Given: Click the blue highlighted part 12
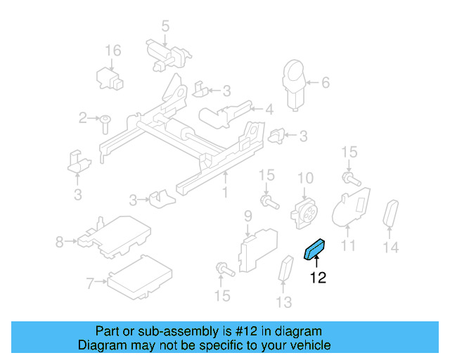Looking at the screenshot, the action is pos(314,249).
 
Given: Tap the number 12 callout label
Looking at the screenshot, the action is pos(318,278).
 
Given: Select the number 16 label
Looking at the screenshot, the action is pos(113,51).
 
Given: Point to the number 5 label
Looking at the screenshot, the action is pos(165,27).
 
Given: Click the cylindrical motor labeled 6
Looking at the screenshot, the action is pos(294,83).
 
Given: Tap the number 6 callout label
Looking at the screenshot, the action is pos(325,83).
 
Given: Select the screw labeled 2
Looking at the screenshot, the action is pos(103,123).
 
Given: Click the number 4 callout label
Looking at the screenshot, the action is pos(269,110).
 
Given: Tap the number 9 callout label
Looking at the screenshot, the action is pos(247,215).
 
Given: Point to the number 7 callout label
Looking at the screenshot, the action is pos(89,284).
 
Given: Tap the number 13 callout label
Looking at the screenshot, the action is pos(283,302).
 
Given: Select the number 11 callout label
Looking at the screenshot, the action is pos(349,245).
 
